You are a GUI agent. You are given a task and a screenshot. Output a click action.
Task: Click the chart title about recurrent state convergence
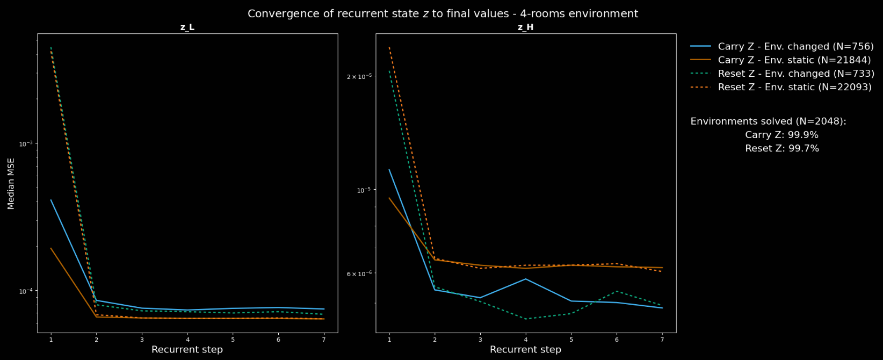pos(443,14)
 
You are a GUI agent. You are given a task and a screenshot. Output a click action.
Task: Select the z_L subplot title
pos(187,27)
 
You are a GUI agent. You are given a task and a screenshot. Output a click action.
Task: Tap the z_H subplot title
pos(525,27)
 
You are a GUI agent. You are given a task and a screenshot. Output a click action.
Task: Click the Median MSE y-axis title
pos(11,183)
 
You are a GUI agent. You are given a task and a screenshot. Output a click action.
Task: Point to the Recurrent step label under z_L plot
pos(187,350)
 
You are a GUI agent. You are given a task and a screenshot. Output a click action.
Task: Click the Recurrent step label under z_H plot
pos(525,350)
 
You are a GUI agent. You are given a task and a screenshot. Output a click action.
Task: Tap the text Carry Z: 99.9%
pos(781,135)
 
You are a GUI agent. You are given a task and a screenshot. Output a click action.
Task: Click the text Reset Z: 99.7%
pos(782,148)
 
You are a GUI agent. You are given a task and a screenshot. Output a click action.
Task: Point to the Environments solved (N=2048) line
pos(768,121)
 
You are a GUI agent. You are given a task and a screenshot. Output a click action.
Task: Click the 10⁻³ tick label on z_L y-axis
pos(26,143)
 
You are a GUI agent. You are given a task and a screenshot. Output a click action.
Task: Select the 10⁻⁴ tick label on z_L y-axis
pos(26,291)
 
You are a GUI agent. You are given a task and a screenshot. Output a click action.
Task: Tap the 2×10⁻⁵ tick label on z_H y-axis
pos(359,76)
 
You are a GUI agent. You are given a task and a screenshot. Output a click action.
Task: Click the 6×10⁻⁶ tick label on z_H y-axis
pos(359,273)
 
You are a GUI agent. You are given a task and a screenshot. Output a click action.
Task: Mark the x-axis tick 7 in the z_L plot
pos(324,340)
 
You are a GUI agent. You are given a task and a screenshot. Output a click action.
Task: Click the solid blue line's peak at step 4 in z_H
pos(525,279)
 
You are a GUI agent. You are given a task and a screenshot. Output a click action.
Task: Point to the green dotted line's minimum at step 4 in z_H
pos(525,319)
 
